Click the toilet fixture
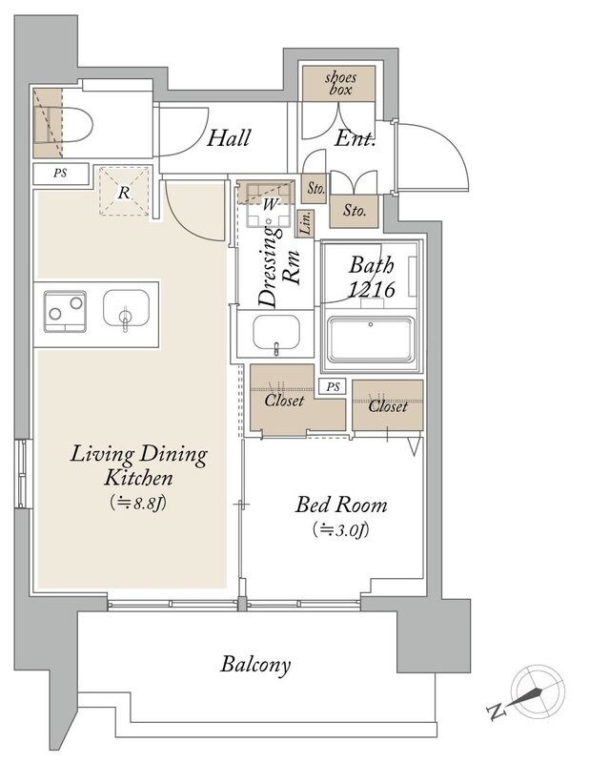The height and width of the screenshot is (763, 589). coord(71,125)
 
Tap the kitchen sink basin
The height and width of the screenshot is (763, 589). coord(126,309)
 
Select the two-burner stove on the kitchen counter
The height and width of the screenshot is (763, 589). coord(65,312)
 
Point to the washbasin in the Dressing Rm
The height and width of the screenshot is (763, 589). coord(275,333)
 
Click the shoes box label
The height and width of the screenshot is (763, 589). coord(340,83)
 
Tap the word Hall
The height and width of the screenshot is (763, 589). coord(229,138)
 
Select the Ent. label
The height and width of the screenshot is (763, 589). coord(355,139)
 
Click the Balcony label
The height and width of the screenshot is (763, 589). coord(255,665)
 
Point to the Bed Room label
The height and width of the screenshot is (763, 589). coord(341,505)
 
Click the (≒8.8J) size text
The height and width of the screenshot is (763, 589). coord(138,503)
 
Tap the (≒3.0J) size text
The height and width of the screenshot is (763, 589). coord(341,530)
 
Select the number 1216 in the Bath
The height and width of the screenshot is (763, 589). coord(372,290)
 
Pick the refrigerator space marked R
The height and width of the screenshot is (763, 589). coord(125,191)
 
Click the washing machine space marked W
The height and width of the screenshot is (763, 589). coord(269,204)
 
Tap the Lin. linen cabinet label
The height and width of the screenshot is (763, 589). coord(305,223)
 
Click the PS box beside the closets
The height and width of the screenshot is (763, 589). coord(333,387)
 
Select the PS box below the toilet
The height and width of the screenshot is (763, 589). coord(61,174)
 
